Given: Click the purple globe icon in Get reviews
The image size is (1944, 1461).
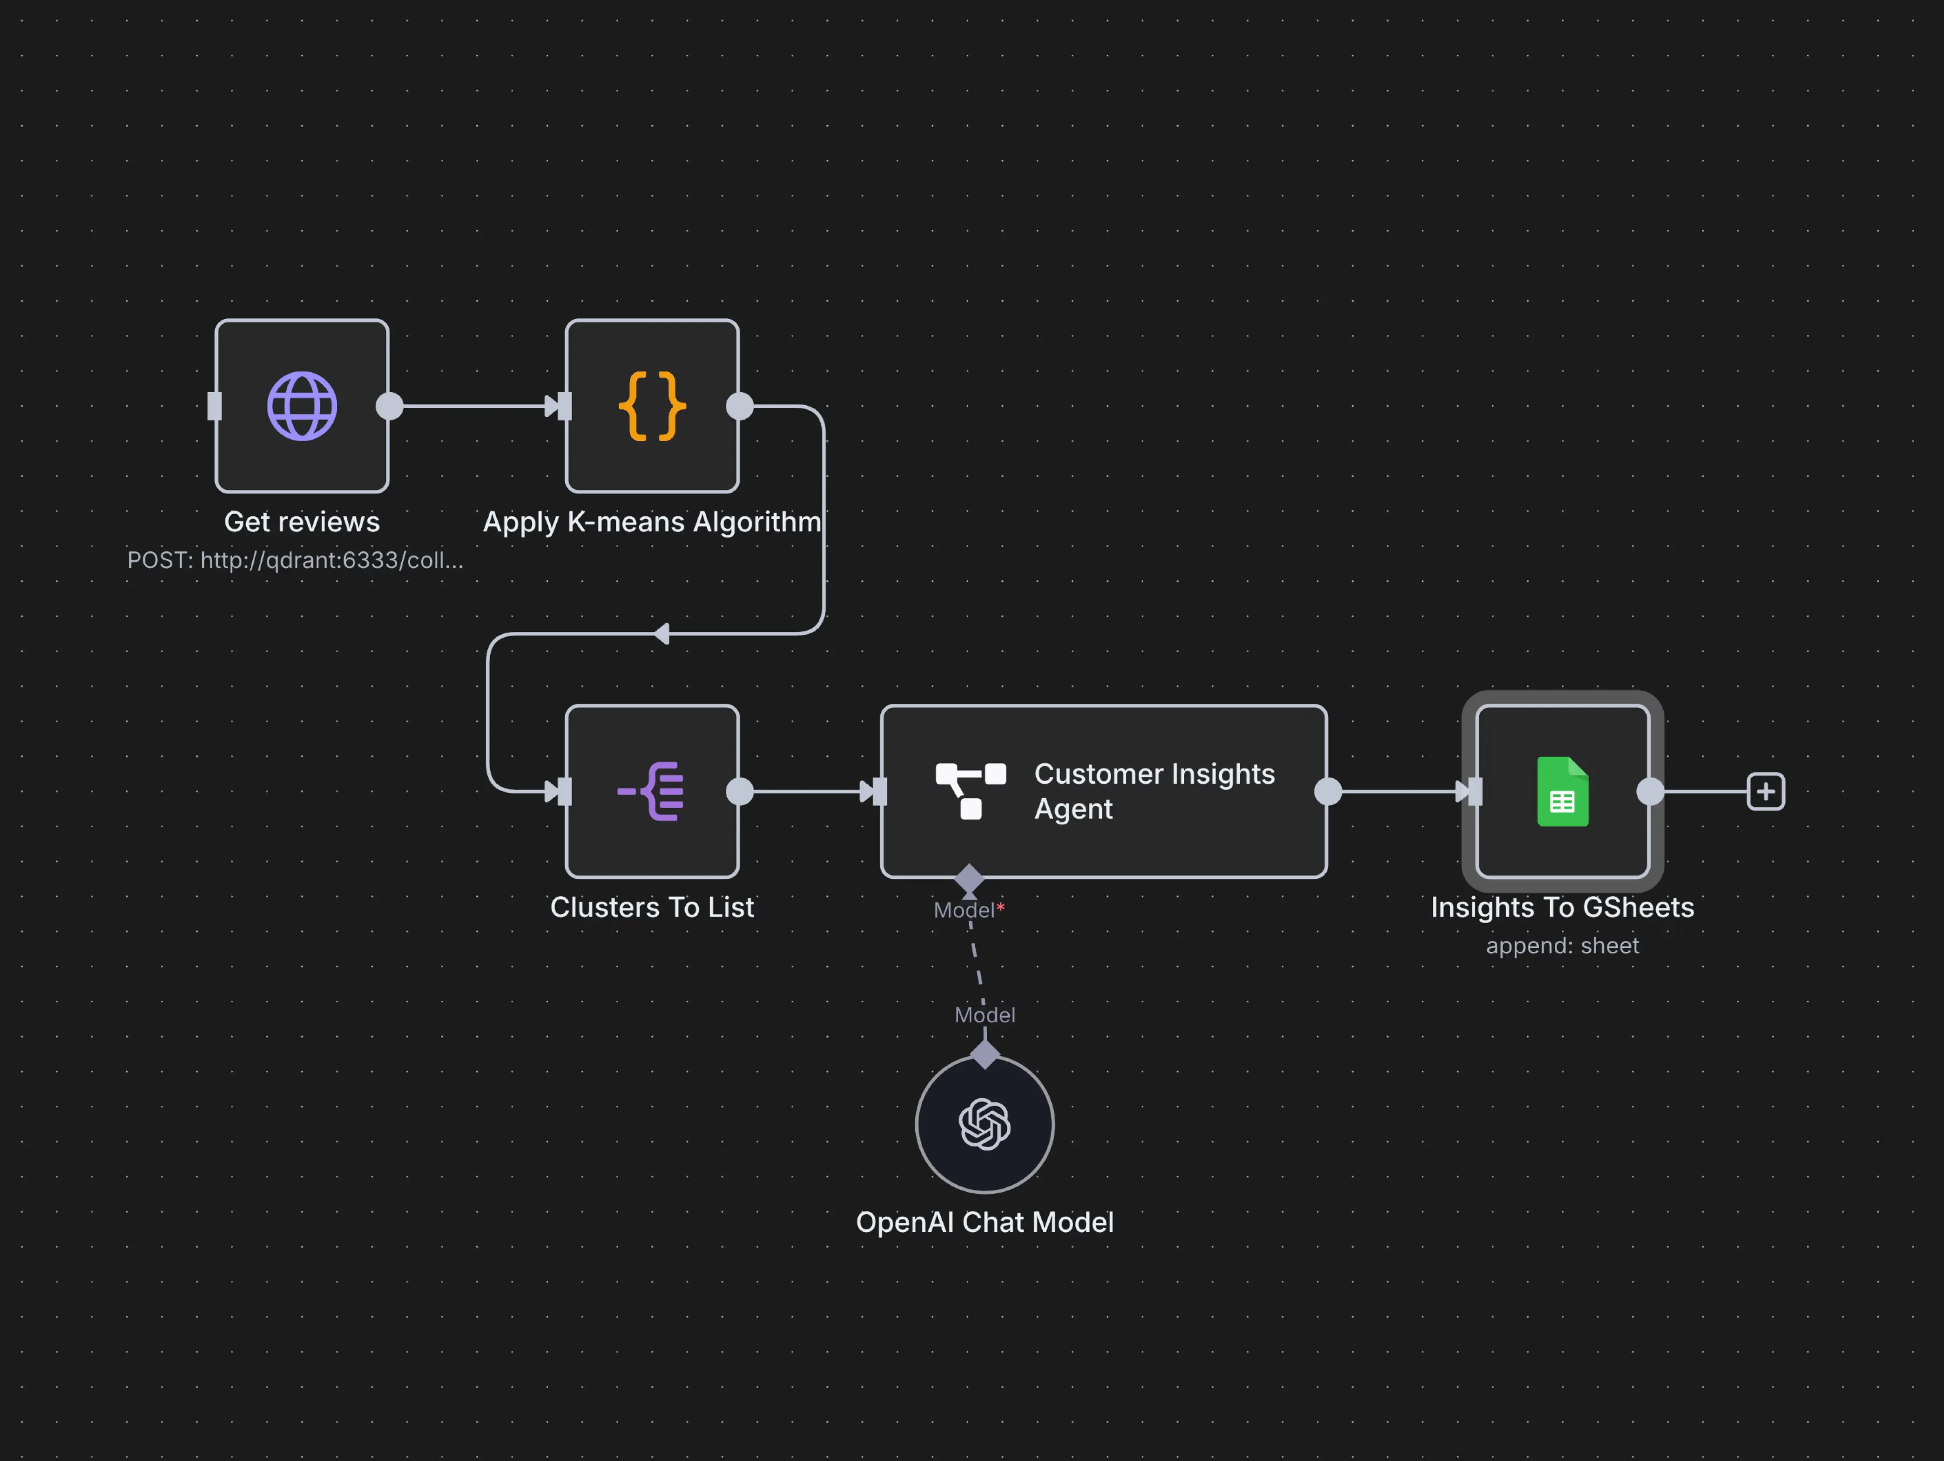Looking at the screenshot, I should tap(302, 406).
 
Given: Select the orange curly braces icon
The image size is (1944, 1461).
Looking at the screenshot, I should tap(652, 406).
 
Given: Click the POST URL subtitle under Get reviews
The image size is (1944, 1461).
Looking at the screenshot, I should tap(295, 560).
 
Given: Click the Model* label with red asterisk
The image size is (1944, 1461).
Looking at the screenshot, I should tap(968, 910).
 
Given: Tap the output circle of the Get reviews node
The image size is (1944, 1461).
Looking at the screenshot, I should tap(389, 406).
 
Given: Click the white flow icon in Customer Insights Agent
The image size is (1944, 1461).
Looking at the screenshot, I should tap(970, 791).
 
